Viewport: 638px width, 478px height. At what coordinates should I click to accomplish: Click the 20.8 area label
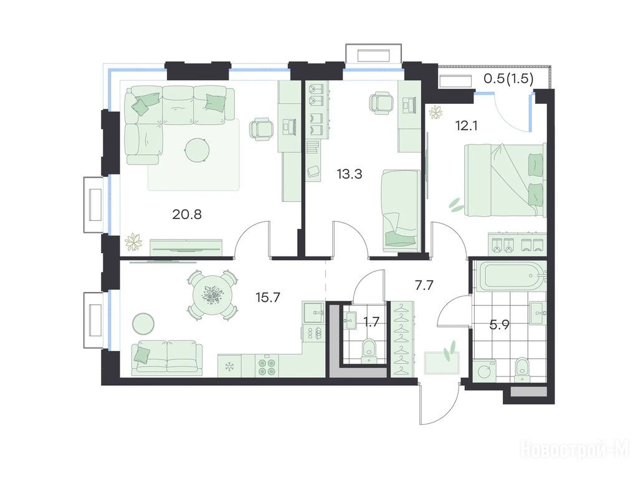point(187,214)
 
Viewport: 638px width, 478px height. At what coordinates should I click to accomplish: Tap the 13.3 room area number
point(349,174)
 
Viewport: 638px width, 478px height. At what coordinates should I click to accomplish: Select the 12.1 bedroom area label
point(466,126)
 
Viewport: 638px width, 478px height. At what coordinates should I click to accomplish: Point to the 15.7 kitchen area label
point(268,298)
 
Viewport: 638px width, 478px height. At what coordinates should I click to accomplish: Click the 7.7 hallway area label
point(424,285)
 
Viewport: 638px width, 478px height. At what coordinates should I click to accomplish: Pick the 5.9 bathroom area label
point(499,325)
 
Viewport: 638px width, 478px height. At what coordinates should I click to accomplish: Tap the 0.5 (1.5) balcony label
point(508,78)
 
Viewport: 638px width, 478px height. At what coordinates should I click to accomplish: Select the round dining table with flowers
point(211,294)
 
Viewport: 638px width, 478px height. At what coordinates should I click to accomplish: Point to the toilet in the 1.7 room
point(369,350)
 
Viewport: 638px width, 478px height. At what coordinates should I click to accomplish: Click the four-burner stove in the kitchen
point(267,366)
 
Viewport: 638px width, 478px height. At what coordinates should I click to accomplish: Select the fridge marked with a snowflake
point(229,366)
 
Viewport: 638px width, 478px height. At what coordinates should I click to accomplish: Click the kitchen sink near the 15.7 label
point(313,312)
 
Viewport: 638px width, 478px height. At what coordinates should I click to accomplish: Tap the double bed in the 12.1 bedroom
point(504,180)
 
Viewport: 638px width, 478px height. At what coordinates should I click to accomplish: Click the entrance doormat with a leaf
point(442,363)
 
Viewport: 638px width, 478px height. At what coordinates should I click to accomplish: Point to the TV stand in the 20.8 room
point(186,248)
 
